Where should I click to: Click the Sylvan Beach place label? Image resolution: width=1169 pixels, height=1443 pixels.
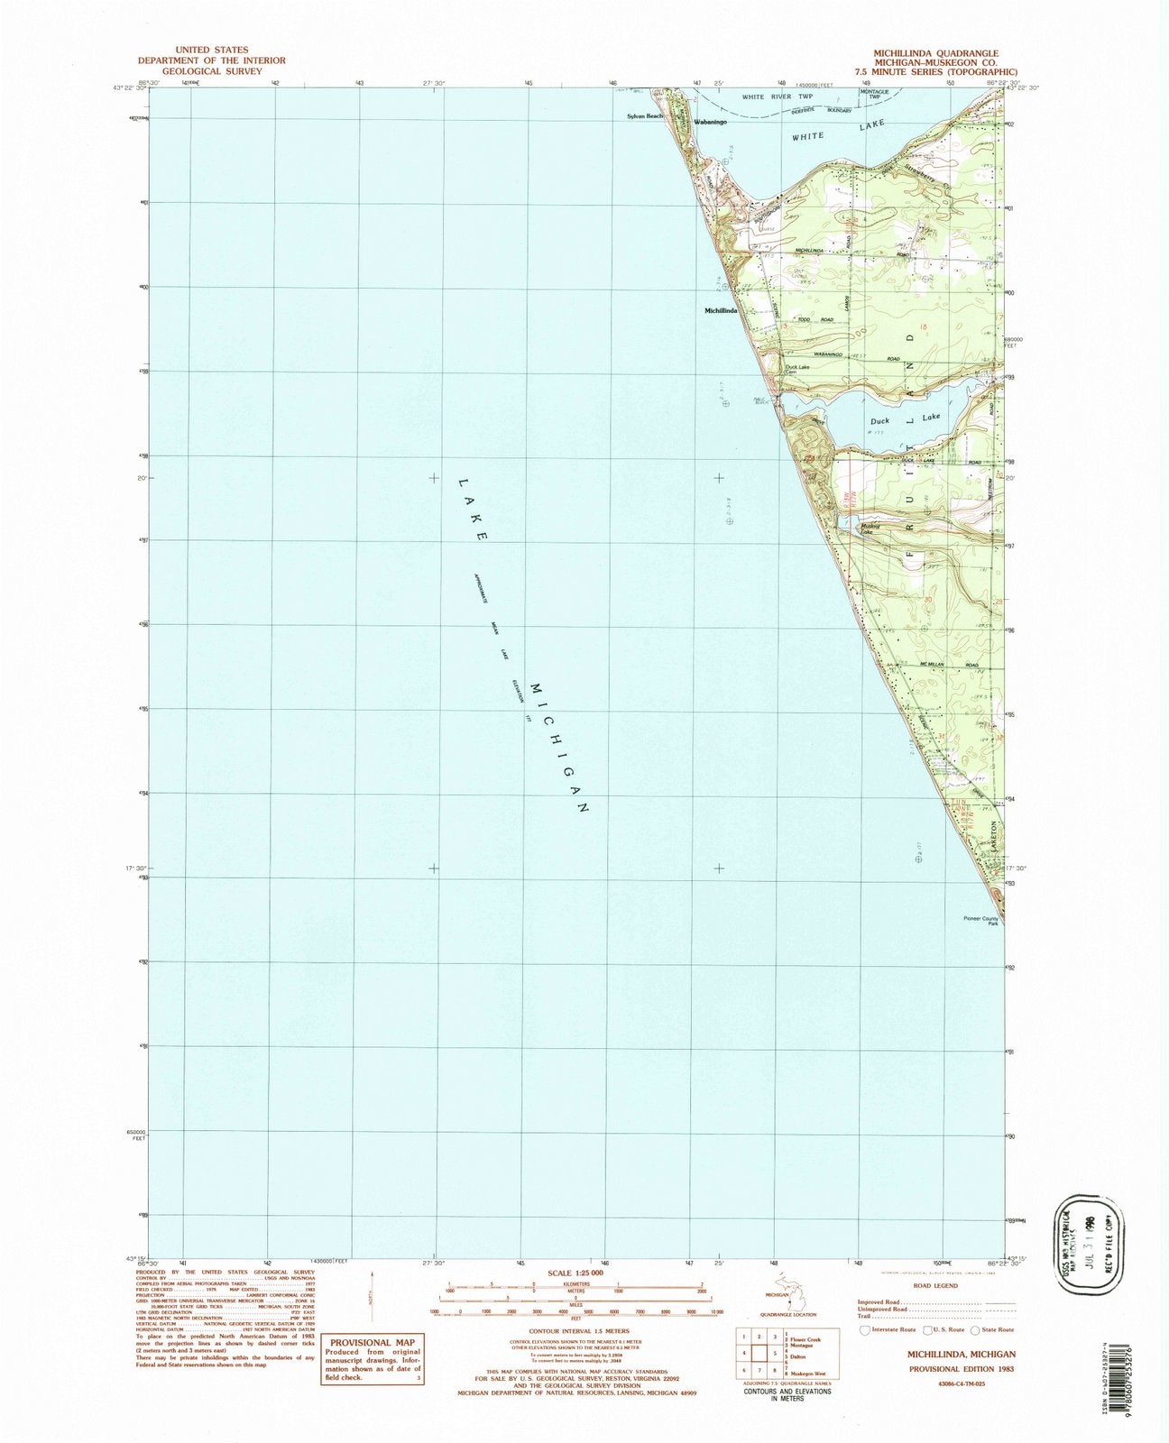point(646,116)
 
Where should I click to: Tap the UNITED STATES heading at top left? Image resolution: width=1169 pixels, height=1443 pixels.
point(211,50)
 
